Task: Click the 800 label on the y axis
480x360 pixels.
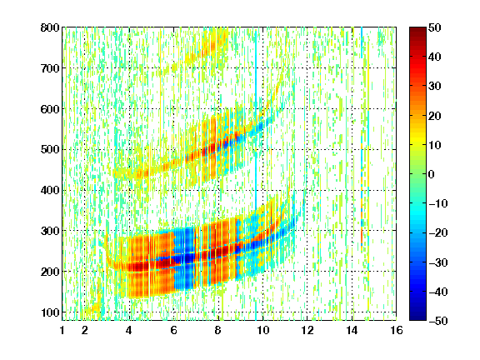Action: click(x=50, y=27)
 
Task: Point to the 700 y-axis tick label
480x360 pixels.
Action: click(x=50, y=68)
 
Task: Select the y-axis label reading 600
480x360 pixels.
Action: click(x=50, y=109)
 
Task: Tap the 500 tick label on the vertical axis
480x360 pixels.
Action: click(x=50, y=150)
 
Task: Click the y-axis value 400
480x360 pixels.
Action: click(x=50, y=190)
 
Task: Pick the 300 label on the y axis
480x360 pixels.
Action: click(x=50, y=231)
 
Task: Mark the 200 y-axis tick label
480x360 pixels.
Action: click(x=50, y=272)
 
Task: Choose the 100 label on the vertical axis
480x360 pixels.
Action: click(x=50, y=312)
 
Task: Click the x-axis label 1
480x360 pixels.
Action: click(x=62, y=330)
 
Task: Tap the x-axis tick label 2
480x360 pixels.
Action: click(x=84, y=330)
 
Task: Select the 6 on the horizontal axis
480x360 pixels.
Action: click(x=173, y=330)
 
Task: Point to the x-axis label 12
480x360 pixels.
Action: click(x=307, y=330)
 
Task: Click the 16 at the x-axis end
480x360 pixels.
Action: click(x=397, y=330)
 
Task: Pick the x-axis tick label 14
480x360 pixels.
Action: click(x=352, y=330)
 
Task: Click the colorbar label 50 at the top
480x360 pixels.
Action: click(x=435, y=27)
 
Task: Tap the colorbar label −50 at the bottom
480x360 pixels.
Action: click(x=438, y=321)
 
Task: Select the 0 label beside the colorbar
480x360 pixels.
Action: click(x=432, y=174)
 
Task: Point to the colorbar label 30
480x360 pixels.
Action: click(x=435, y=87)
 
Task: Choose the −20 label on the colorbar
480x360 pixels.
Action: click(x=438, y=233)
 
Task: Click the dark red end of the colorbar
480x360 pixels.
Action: click(x=417, y=30)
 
